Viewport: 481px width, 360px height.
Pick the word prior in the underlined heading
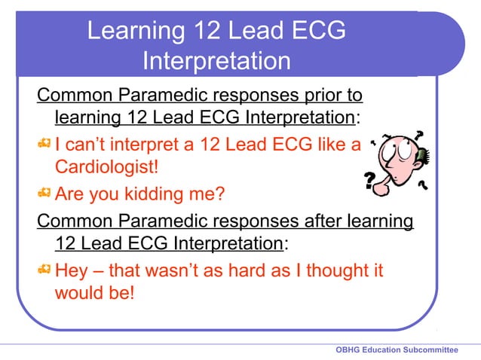tap(298, 96)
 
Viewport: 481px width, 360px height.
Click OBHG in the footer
tap(349, 350)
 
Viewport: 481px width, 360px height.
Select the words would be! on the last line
tap(94, 291)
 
